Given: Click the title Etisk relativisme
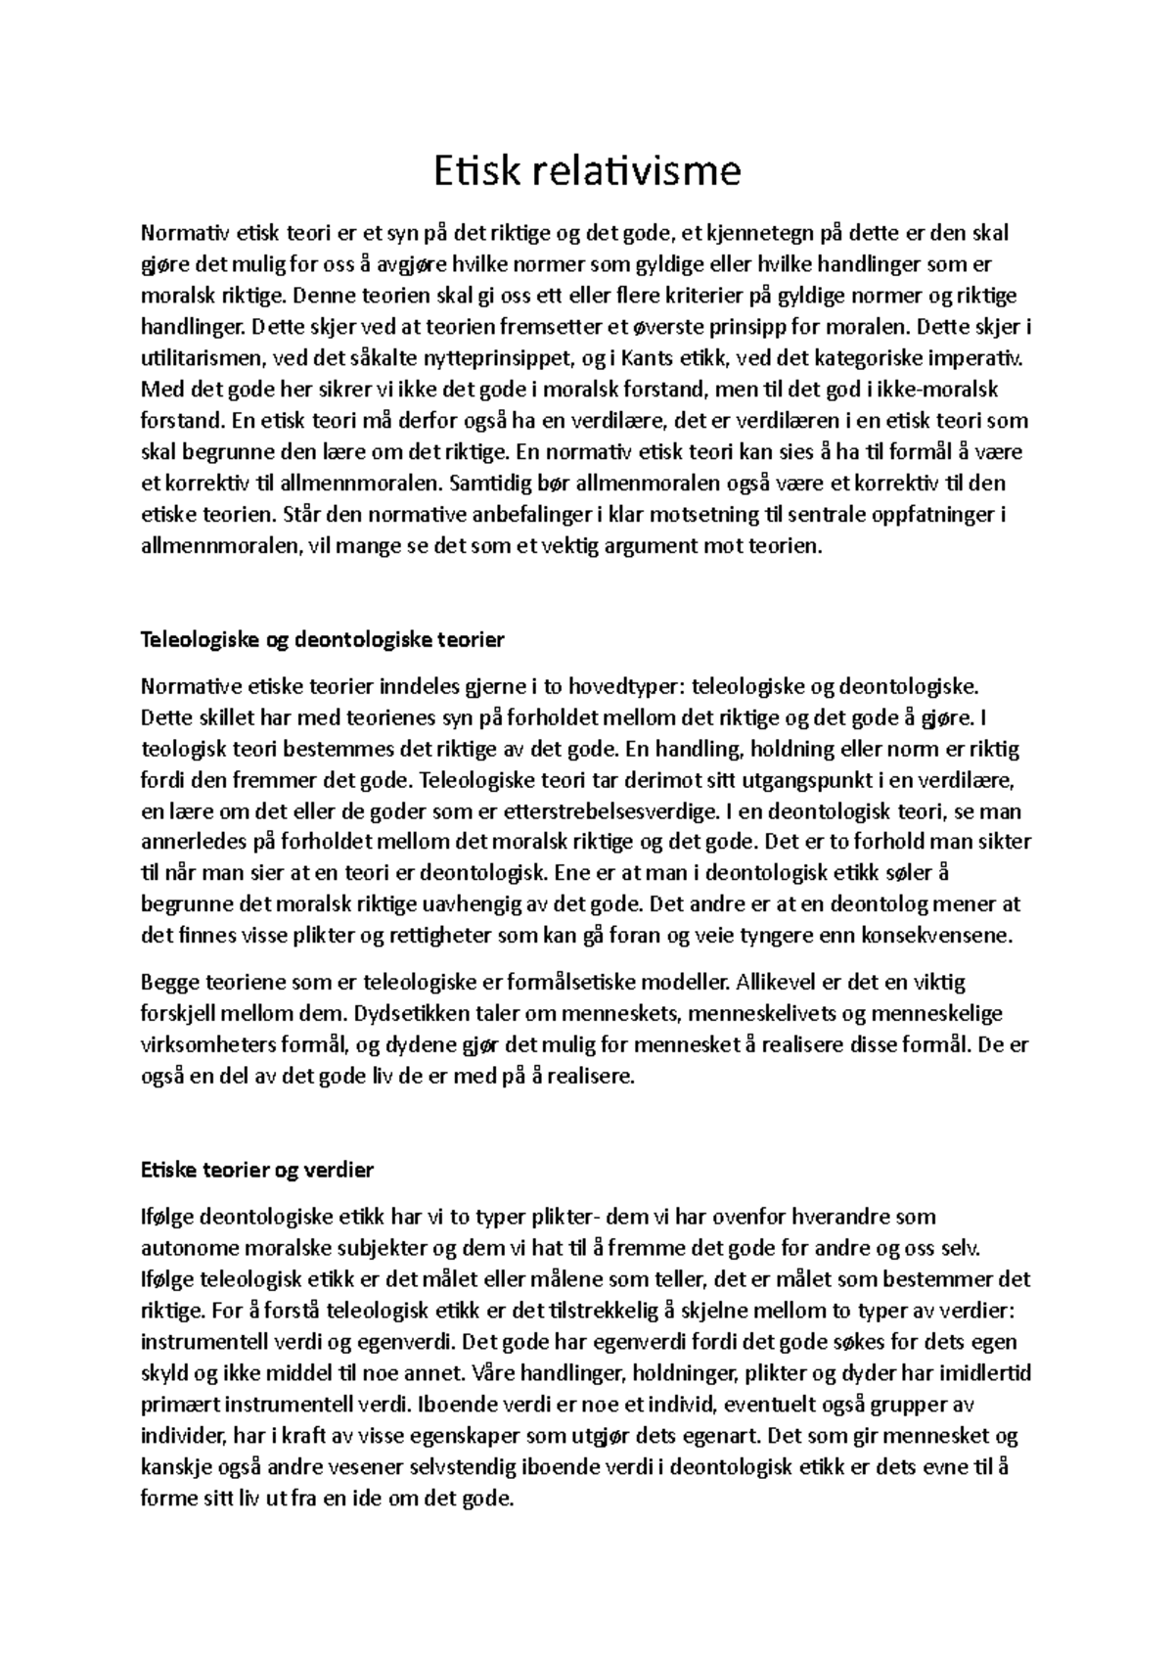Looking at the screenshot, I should [x=587, y=171].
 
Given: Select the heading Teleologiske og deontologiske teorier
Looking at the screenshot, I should [x=322, y=640].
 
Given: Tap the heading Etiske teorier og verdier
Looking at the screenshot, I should [x=256, y=1170].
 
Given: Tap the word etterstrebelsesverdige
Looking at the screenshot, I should [x=606, y=812].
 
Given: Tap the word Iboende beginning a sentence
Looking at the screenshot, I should [x=453, y=1405].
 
